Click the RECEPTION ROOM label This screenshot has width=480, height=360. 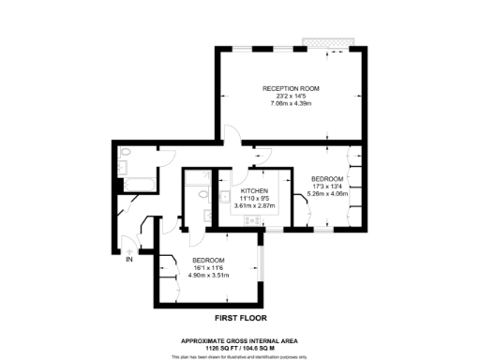[291, 88]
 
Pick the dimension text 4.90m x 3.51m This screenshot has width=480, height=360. [208, 276]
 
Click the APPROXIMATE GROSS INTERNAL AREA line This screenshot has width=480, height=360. [240, 339]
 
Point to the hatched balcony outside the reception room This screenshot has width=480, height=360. [328, 43]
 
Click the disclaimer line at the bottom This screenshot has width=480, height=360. [240, 355]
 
